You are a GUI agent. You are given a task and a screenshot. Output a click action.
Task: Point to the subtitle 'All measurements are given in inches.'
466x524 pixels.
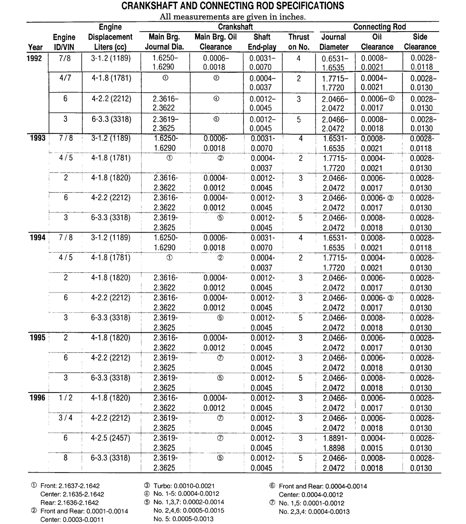coord(233,17)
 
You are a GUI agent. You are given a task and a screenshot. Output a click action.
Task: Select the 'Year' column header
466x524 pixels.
coord(35,47)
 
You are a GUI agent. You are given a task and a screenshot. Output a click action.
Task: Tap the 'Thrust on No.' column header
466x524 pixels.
coord(299,42)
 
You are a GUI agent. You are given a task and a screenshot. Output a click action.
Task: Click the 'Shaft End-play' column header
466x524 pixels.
coord(262,42)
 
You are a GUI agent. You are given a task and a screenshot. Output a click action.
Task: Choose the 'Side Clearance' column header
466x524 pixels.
coord(420,42)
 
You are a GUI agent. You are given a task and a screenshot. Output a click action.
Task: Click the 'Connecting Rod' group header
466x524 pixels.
coord(379,27)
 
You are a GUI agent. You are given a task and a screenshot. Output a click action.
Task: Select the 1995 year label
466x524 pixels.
coord(38,337)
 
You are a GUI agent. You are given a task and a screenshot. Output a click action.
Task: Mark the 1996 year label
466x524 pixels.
coord(38,398)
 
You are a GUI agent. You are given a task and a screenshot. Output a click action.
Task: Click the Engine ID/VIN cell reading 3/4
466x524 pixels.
coord(66,418)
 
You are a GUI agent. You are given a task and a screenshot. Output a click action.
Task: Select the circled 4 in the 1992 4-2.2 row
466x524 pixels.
coord(216,98)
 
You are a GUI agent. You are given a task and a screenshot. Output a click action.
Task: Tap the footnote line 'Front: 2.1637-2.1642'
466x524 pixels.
coord(70,486)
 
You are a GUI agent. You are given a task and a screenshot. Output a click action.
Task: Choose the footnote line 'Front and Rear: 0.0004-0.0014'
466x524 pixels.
coord(323,486)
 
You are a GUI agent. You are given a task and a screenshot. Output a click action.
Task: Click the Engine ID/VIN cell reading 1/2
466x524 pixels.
coord(66,398)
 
